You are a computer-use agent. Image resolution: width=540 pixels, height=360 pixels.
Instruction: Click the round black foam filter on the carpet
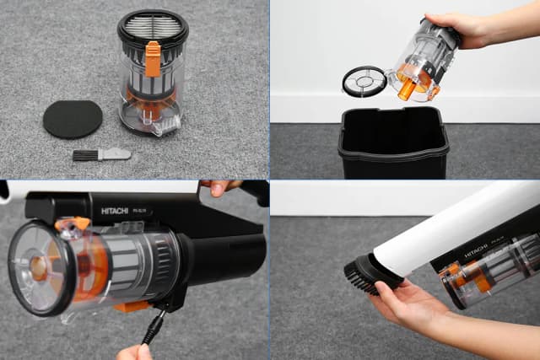coord(73,119)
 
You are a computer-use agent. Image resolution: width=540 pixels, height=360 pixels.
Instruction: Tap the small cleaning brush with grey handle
coord(101,154)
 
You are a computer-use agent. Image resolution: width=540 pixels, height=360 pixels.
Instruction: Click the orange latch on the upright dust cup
coord(153,59)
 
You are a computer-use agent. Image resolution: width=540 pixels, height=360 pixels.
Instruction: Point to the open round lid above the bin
coord(364,81)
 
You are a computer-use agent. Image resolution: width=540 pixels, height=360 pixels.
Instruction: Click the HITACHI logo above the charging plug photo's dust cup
coord(115,212)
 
